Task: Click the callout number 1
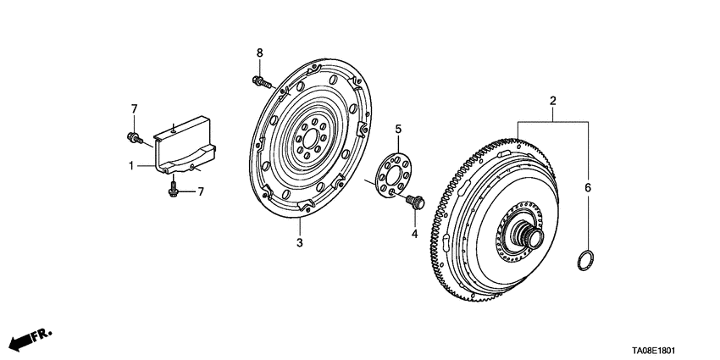[x=132, y=166]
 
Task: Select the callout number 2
[x=552, y=102]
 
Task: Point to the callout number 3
[x=298, y=243]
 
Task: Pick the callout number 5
[x=398, y=129]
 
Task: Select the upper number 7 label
[x=133, y=108]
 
